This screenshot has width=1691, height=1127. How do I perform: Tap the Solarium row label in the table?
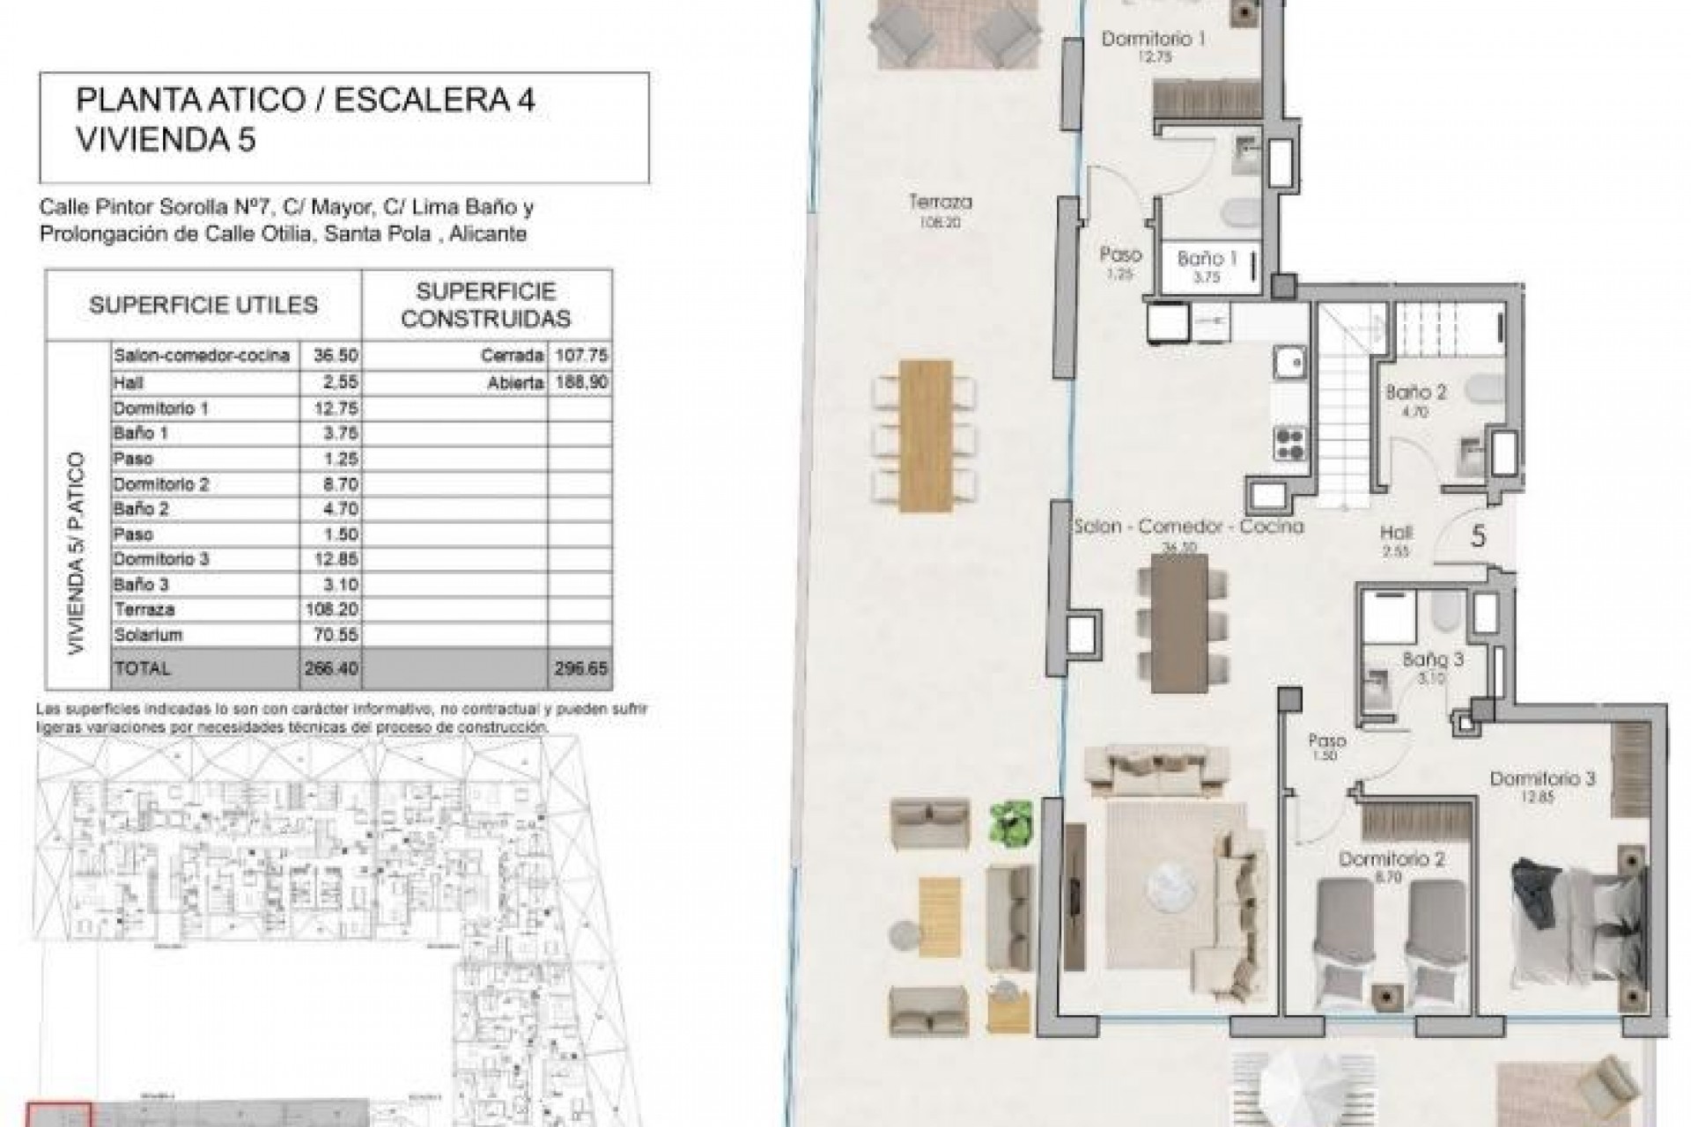[144, 635]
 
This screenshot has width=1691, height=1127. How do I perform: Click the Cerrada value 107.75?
[581, 356]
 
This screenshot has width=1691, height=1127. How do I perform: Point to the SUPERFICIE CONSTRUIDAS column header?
[485, 305]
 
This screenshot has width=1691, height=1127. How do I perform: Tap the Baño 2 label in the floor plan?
[1415, 392]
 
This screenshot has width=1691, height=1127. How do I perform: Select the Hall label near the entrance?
[1397, 533]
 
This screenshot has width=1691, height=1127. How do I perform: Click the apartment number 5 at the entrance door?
[1479, 537]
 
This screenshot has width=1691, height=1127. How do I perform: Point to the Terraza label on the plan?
[940, 203]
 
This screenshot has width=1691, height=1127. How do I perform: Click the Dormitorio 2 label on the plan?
[1391, 859]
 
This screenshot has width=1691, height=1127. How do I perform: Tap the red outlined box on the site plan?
[58, 1114]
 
